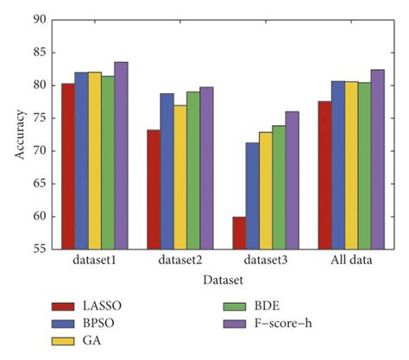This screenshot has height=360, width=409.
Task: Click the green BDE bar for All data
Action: [x=363, y=165]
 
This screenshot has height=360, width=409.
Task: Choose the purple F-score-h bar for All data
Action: [x=377, y=159]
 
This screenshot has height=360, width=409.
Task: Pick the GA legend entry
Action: [x=86, y=342]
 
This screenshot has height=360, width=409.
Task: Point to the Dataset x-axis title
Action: [x=222, y=281]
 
